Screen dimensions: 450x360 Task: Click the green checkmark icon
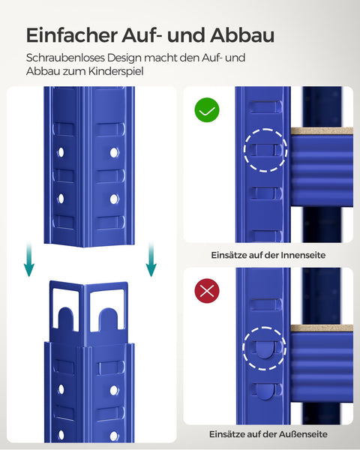point(207,111)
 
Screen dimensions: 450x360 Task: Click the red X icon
point(207,292)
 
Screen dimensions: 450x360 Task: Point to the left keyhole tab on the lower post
point(66,308)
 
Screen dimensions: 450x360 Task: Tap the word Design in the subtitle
point(125,58)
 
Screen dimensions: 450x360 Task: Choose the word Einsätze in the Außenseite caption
point(230,434)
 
